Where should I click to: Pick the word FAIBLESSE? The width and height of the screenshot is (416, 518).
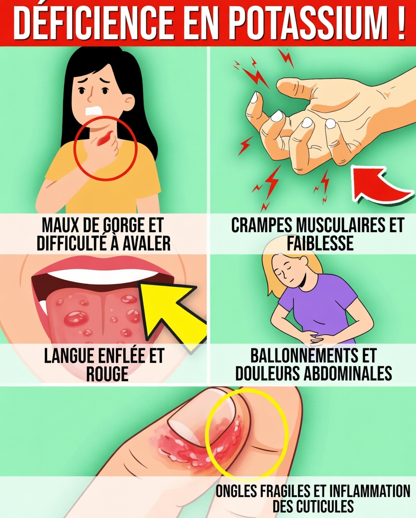pyautogui.click(x=320, y=243)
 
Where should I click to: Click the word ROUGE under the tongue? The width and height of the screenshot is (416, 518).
pyautogui.click(x=107, y=374)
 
